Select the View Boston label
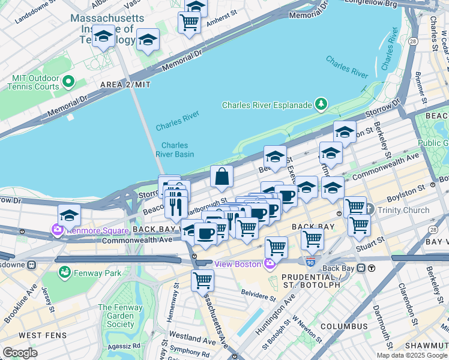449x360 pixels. [x=238, y=264]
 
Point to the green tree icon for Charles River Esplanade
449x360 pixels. [x=322, y=104]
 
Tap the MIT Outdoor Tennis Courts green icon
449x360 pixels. [x=68, y=82]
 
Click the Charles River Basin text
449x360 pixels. [x=175, y=149]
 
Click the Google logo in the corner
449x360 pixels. [x=20, y=352]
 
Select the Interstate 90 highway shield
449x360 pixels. [x=310, y=262]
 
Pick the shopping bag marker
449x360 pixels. [x=221, y=177]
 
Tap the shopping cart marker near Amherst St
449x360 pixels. [x=189, y=23]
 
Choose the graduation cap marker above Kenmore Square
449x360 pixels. [x=69, y=215]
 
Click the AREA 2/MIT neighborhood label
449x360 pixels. [x=125, y=85]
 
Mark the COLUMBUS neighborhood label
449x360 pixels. [x=343, y=326]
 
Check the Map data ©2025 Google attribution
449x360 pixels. [x=412, y=355]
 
